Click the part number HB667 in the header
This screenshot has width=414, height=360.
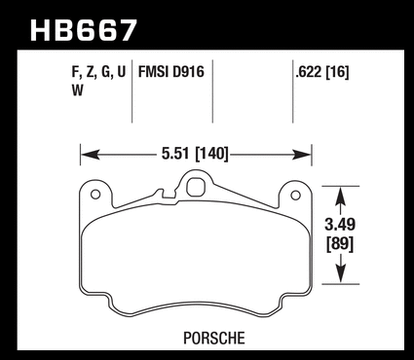(84, 30)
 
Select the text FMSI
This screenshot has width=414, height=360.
(154, 72)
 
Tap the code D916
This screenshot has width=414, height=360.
(188, 72)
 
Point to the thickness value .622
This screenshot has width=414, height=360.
(310, 72)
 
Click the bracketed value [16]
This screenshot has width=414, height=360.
(338, 72)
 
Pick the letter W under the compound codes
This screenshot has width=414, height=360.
(78, 90)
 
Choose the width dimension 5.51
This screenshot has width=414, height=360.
(175, 154)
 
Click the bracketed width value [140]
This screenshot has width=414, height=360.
(211, 154)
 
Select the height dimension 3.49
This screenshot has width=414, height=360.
(340, 225)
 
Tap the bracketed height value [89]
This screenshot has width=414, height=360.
(340, 244)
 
